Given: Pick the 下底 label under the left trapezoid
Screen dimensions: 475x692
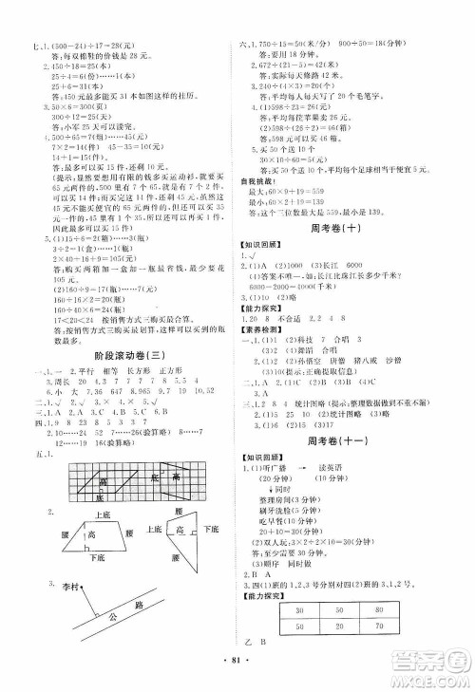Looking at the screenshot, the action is pyautogui.click(x=98, y=560).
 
